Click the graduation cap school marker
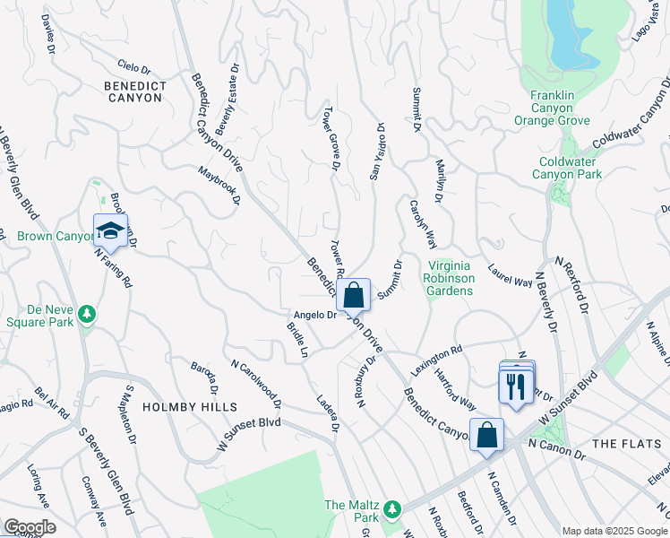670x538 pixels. pos(110,232)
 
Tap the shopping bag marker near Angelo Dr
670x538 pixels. pos(354,295)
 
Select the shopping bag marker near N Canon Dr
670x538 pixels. pos(485,436)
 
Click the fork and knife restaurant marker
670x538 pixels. pos(515,386)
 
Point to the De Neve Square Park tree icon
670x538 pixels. pos(87,314)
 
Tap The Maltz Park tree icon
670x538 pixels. pos(391,509)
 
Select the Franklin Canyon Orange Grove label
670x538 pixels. pos(560,108)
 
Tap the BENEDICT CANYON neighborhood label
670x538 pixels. pos(135,91)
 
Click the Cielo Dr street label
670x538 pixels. pos(134,66)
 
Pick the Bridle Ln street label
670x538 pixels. pos(296,342)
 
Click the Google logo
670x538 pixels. pos(30,527)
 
